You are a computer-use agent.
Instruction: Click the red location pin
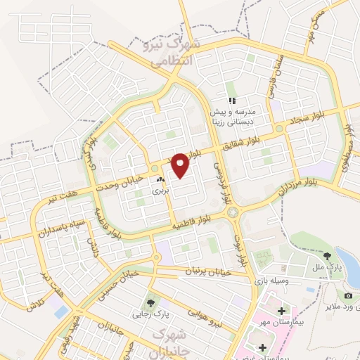coord(181,165)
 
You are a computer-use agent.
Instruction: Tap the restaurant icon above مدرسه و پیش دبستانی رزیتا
coord(231,89)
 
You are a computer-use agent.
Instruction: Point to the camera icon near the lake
coord(349,296)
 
